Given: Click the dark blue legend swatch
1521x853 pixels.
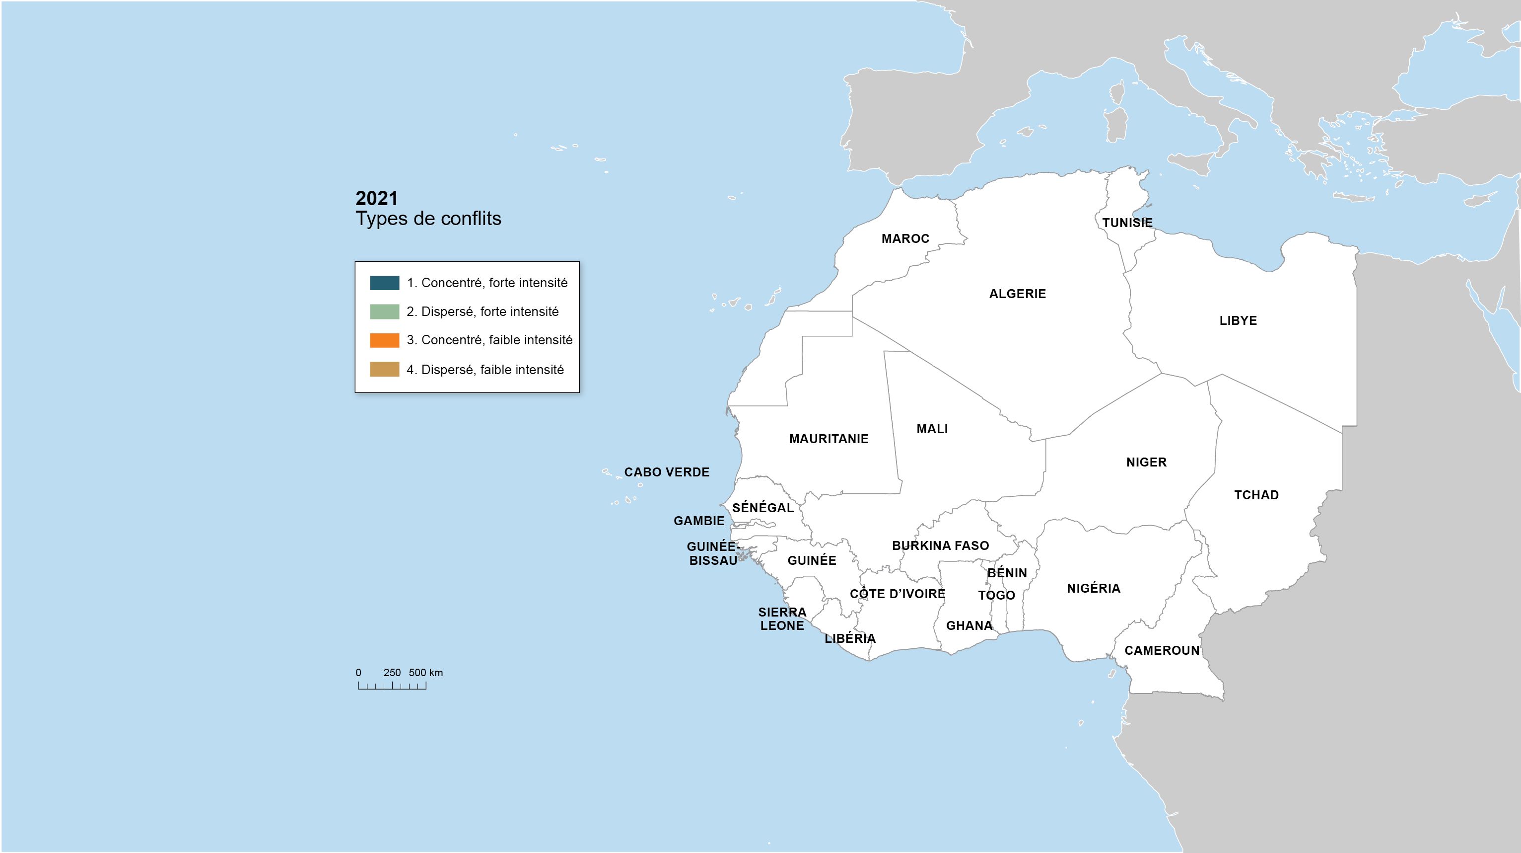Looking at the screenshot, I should tap(384, 283).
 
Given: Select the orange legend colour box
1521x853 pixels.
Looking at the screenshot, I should tap(384, 340).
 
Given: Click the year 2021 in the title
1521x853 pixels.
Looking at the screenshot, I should tap(377, 199).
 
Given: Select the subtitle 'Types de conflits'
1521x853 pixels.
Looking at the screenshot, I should tap(428, 219).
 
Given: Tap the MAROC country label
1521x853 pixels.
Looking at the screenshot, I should tap(905, 238).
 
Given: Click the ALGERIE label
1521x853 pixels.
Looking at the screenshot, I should tap(1017, 294).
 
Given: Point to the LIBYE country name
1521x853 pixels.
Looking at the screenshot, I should tap(1238, 321).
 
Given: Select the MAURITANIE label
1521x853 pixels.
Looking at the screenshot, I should tap(829, 439).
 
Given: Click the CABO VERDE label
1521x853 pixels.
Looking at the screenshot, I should tap(667, 472).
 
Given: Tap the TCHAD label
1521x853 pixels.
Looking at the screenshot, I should tap(1256, 495).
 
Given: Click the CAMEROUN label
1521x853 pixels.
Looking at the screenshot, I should tap(1162, 650).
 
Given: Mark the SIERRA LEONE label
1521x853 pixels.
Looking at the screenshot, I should tap(782, 619).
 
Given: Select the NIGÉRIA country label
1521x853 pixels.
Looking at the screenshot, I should tap(1093, 588).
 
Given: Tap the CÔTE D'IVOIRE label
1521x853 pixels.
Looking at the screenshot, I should tap(897, 594).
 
